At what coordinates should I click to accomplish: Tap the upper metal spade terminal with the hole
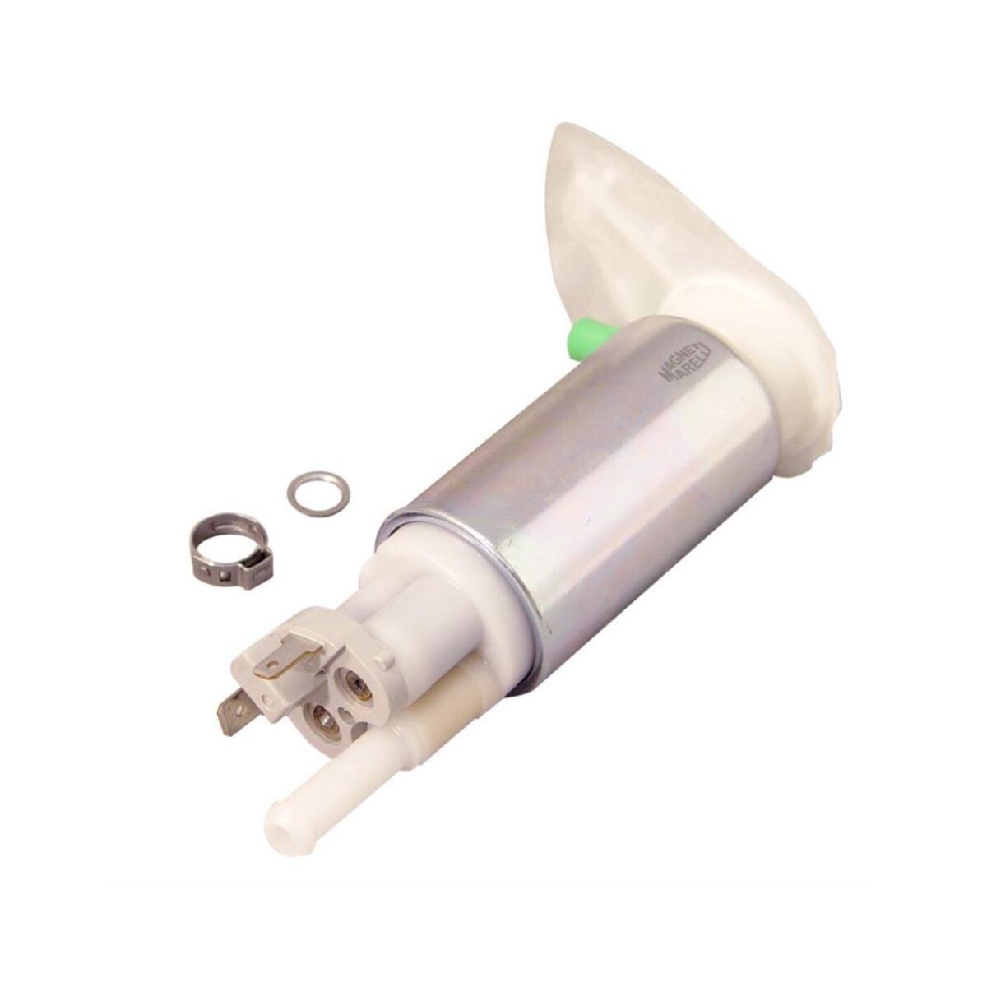[x=285, y=655]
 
